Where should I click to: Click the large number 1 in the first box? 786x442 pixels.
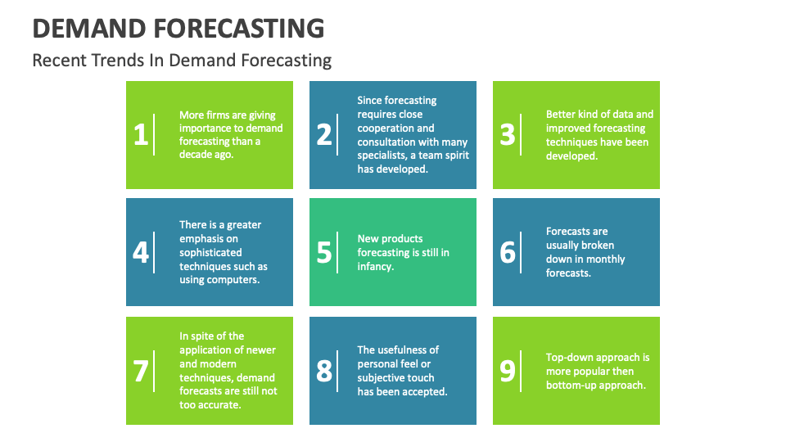pos(141,135)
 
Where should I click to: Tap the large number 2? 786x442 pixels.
pos(324,135)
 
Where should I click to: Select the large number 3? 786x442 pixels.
pos(508,135)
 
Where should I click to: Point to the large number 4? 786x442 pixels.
pos(141,252)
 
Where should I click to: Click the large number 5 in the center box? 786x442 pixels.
pos(324,252)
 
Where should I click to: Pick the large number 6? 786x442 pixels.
pos(508,252)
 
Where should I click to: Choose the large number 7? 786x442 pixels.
pos(141,371)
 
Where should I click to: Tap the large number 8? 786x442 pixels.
pos(324,371)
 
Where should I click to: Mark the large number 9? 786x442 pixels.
pos(508,371)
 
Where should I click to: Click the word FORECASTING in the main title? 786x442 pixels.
pos(238,29)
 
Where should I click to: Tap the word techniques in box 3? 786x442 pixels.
pos(571,142)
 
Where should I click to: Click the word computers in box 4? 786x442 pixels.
pos(240,280)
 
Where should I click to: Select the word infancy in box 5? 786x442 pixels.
pos(376,267)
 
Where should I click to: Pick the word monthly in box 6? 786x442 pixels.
pos(606,259)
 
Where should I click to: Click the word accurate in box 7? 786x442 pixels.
pos(224,405)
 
